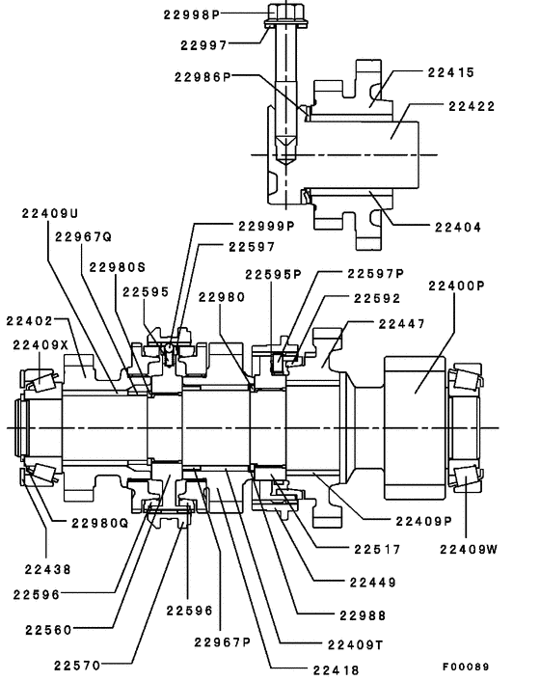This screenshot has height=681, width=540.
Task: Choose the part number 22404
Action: tap(457, 227)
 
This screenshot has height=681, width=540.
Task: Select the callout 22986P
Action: tap(199, 76)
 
